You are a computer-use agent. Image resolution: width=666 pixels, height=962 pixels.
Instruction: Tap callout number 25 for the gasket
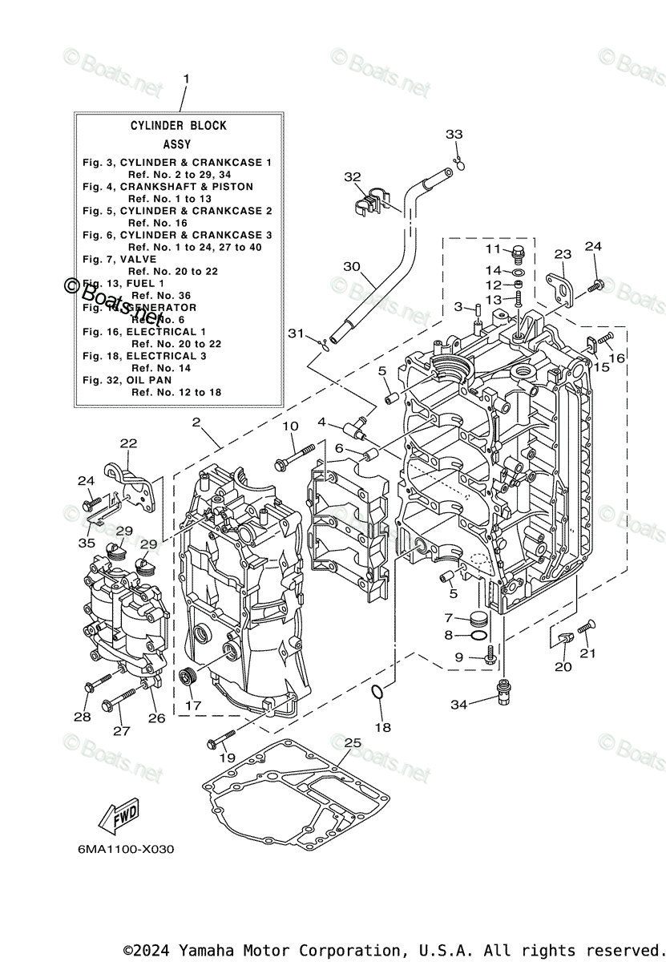[x=353, y=743]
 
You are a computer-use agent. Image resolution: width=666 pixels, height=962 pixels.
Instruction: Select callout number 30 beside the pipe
[x=351, y=266]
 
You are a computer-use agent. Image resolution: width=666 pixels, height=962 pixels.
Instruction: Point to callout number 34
[x=458, y=705]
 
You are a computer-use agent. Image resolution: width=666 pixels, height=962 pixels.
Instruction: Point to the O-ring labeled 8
[x=478, y=636]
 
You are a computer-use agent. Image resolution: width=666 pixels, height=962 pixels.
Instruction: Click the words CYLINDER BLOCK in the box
[x=179, y=126]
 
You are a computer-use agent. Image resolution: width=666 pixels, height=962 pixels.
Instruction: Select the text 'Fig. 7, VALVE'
[x=122, y=260]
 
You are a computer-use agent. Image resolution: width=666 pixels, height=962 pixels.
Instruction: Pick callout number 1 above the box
[x=186, y=79]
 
